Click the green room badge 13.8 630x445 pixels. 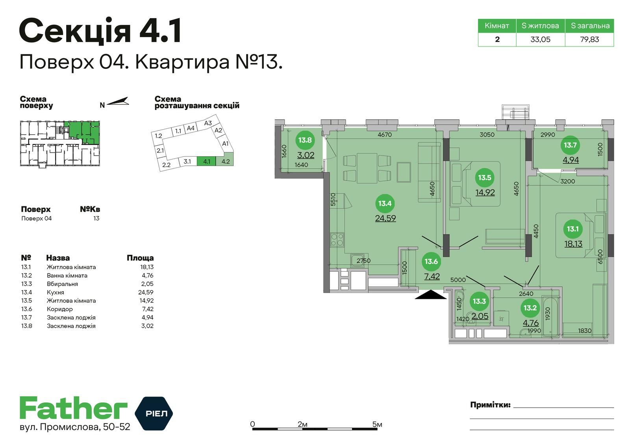305,140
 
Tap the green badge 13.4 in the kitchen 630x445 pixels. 385,203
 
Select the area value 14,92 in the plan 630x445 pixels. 485,193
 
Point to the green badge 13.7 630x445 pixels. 570,145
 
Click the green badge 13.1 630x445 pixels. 573,229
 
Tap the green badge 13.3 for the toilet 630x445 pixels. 479,301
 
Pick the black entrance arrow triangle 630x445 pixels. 431,295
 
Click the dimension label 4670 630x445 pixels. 385,135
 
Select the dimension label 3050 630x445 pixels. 487,135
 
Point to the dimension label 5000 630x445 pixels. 458,280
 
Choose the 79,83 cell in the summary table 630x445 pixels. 589,39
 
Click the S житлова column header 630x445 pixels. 540,26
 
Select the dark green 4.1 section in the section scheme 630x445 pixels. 207,161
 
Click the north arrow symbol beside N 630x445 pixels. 118,102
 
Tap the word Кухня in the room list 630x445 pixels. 56,292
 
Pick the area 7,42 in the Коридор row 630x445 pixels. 148,309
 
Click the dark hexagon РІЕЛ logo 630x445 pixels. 154,413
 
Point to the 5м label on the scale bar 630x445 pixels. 377,425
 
